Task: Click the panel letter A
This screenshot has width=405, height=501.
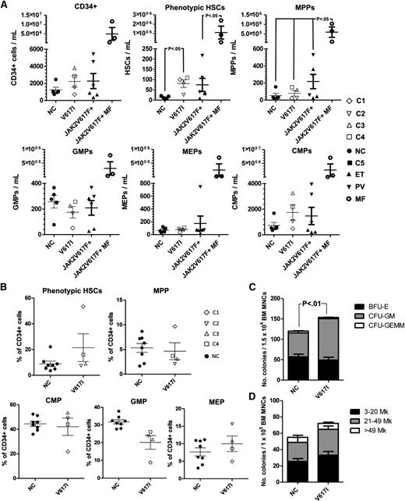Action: [x=5, y=6]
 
